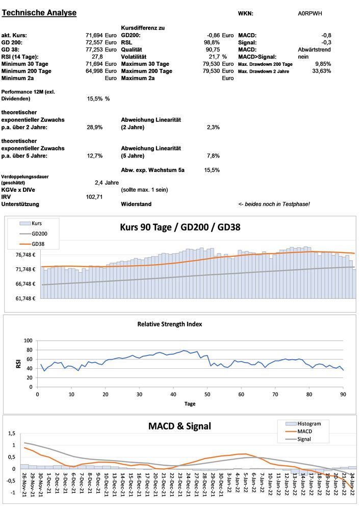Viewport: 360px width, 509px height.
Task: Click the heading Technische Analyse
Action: tap(39, 13)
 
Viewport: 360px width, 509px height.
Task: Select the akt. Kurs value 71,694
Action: tap(94, 35)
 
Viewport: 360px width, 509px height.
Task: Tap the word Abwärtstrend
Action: tap(314, 49)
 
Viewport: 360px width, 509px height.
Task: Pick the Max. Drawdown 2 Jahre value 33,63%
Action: tap(321, 71)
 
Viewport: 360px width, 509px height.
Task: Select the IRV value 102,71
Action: tap(95, 196)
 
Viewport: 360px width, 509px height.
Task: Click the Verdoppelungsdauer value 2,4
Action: tap(100, 182)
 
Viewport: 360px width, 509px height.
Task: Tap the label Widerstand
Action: tap(137, 204)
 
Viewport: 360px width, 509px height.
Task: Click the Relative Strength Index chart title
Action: tap(177, 324)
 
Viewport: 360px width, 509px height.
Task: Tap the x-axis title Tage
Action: tap(190, 403)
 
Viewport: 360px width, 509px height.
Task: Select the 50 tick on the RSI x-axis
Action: tap(207, 394)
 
